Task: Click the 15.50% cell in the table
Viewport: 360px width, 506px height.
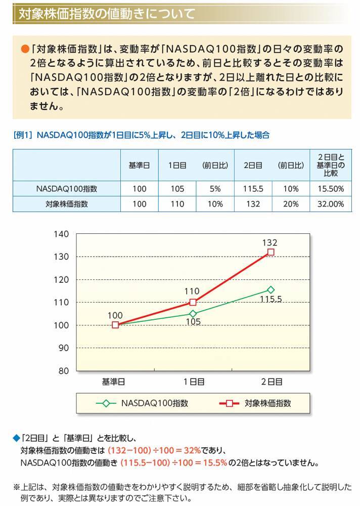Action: tap(331, 189)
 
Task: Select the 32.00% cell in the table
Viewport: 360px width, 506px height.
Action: tap(331, 204)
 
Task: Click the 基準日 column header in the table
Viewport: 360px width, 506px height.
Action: tap(139, 165)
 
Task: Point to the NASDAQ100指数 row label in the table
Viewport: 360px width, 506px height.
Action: tap(67, 189)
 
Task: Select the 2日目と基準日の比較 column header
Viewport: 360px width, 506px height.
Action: tap(331, 165)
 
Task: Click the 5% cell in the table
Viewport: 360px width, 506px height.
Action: tap(215, 189)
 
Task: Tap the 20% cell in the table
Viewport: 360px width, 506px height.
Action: tap(291, 204)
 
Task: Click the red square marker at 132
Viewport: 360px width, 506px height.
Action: tap(271, 252)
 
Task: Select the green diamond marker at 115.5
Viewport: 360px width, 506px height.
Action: tap(271, 290)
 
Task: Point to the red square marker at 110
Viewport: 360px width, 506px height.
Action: tap(193, 302)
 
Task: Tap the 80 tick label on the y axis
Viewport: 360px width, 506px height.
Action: tap(63, 370)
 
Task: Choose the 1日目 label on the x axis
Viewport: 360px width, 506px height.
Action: tap(193, 382)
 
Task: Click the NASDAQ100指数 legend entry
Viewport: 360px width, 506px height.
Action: tap(143, 403)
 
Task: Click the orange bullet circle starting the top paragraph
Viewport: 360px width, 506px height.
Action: tap(24, 49)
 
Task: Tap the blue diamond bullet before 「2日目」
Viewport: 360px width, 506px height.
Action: tap(16, 437)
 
